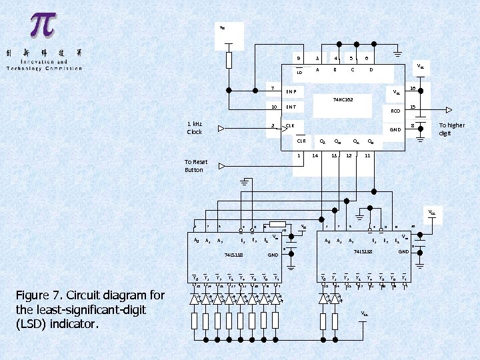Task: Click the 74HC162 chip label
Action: (343, 99)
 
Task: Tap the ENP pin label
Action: (291, 91)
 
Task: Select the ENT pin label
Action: (291, 107)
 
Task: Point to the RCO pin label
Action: (395, 111)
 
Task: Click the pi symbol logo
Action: (43, 25)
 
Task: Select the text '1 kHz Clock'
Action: (195, 128)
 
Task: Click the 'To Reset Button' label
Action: (196, 166)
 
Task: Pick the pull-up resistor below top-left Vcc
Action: (229, 60)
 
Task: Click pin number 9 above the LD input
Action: (299, 59)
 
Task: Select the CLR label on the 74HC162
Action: (301, 141)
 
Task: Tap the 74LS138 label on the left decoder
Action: (233, 255)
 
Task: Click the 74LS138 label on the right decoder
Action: (363, 251)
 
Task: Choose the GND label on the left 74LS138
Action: (273, 255)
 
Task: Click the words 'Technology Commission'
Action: (45, 68)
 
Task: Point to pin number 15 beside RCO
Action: (413, 107)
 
